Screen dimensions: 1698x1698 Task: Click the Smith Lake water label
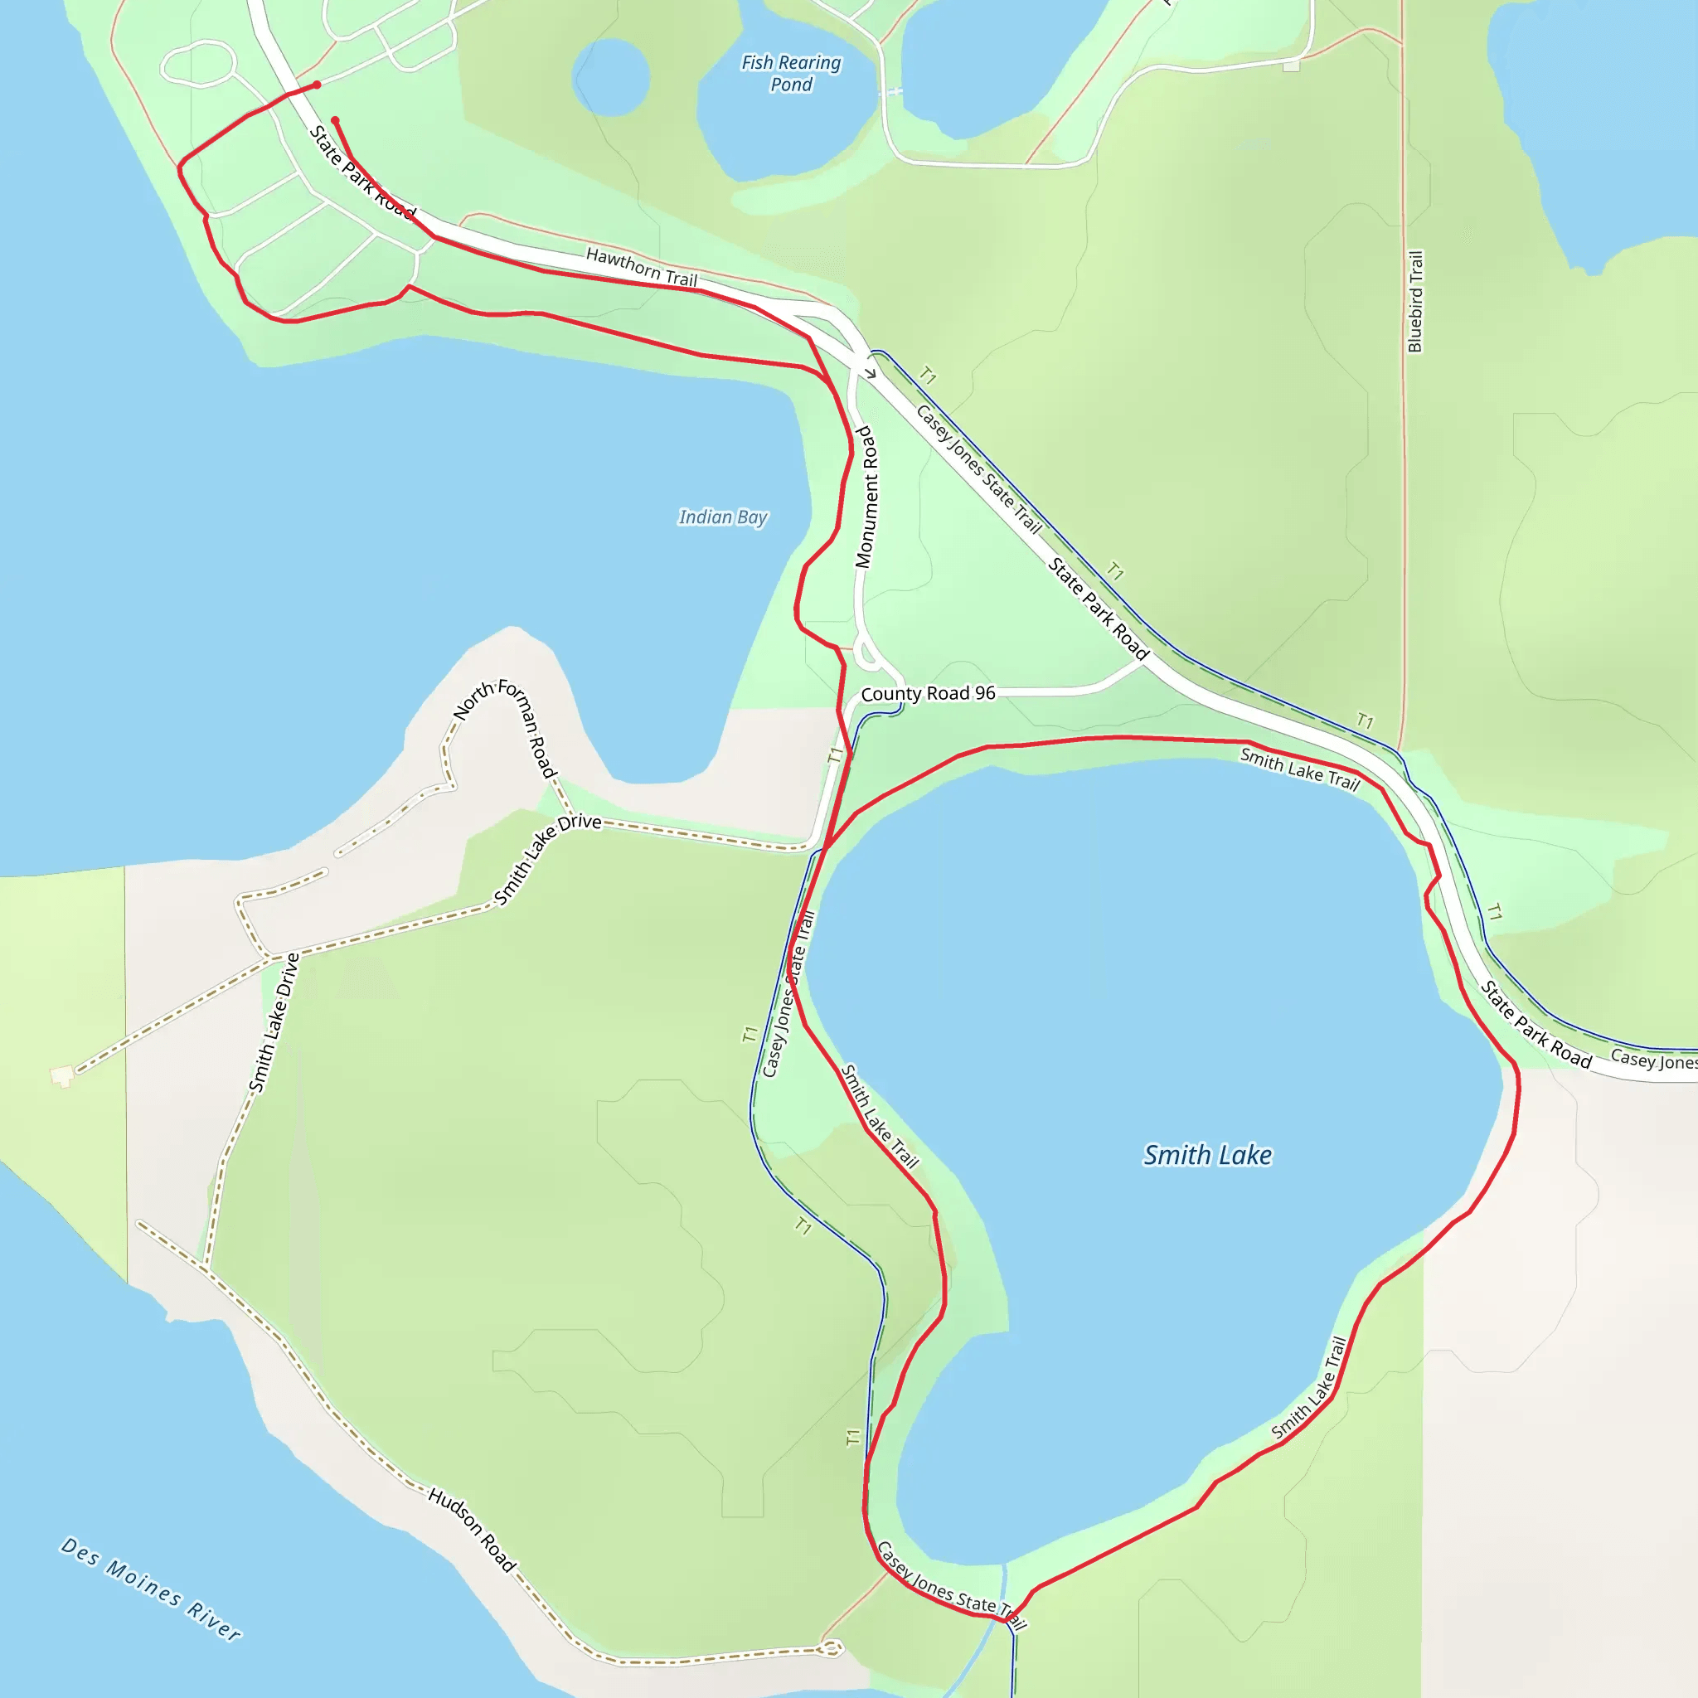[x=1206, y=1155]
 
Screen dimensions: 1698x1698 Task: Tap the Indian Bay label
[x=722, y=517]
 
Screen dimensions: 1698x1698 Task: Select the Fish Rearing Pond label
[x=791, y=73]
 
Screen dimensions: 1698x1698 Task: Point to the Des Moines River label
[x=150, y=1588]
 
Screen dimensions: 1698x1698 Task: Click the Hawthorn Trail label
[x=642, y=267]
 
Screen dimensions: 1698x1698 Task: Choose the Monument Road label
[x=866, y=497]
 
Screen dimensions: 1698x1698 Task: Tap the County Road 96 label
[x=928, y=693]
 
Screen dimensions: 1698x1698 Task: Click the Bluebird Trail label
[x=1415, y=302]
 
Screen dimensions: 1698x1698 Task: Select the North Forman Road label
[x=506, y=725]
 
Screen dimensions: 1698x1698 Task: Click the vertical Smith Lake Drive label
[x=274, y=1022]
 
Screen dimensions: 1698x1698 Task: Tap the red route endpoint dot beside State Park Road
[x=335, y=120]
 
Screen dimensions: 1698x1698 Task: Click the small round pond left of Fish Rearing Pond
[x=611, y=77]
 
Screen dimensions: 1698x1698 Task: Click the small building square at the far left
[x=61, y=1075]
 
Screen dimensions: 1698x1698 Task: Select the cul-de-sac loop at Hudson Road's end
[x=832, y=1649]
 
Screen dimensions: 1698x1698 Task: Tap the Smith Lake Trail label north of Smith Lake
[x=1300, y=768]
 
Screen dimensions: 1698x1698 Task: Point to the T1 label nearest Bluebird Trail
[x=1365, y=720]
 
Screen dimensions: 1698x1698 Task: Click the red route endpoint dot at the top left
[x=318, y=85]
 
